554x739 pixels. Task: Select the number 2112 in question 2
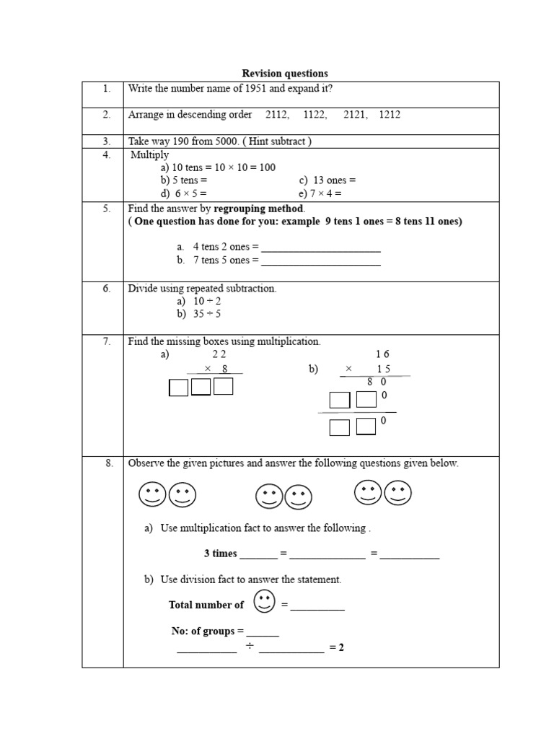tap(277, 115)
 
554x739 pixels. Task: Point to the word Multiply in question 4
tap(150, 154)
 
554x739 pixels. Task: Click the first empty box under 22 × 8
tap(178, 388)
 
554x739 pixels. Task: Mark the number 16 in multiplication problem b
tap(382, 354)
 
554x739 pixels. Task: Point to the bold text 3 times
tap(220, 554)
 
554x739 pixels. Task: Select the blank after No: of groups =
tap(263, 632)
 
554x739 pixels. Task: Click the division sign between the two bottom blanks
tap(247, 647)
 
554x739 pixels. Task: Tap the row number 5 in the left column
tap(106, 209)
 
